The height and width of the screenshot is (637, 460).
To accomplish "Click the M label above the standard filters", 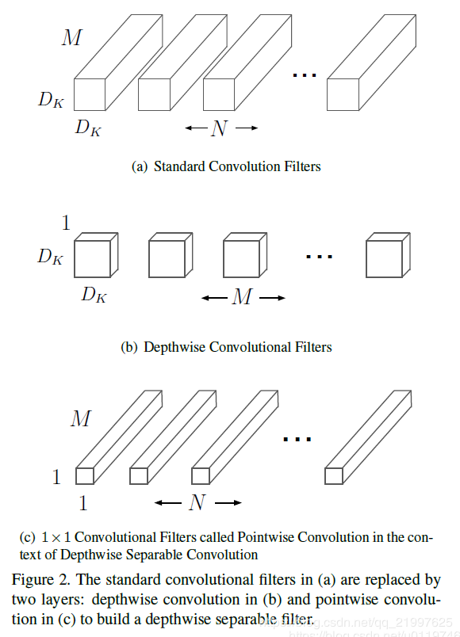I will [71, 36].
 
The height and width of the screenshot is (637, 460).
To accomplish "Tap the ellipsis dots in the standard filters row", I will [305, 75].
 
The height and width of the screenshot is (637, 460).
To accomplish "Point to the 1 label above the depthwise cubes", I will [66, 223].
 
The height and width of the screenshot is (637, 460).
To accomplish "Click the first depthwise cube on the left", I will [91, 259].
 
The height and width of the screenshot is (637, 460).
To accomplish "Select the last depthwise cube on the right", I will [383, 259].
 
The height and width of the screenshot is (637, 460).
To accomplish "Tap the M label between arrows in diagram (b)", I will [242, 298].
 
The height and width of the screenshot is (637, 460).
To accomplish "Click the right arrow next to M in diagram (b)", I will [271, 298].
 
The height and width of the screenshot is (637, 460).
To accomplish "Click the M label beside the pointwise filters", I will [80, 418].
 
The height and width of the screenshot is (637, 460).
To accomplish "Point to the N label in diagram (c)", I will [197, 502].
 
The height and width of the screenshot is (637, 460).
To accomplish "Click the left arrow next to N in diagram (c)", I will [168, 502].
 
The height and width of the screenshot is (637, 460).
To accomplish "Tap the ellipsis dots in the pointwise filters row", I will [297, 437].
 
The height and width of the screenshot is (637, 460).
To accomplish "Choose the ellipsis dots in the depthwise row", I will [319, 256].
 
